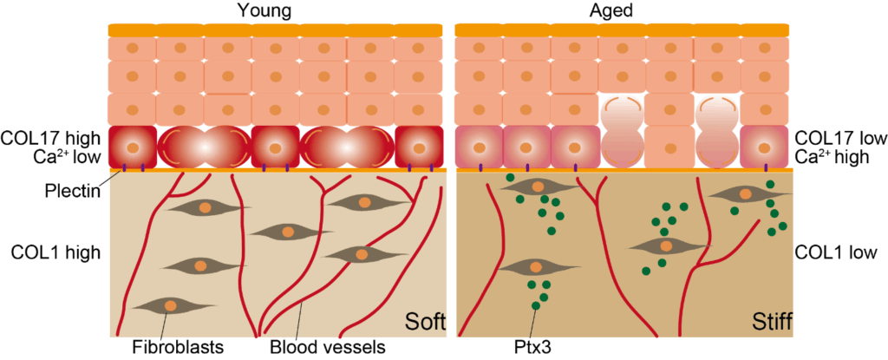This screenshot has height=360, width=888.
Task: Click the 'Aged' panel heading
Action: click(x=622, y=10)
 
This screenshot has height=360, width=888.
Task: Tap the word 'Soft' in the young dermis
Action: click(x=424, y=324)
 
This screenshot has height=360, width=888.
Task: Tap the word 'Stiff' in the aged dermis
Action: click(x=770, y=324)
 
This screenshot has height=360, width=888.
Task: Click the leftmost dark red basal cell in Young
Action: click(x=133, y=147)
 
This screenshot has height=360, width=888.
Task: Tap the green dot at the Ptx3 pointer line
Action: click(x=536, y=304)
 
